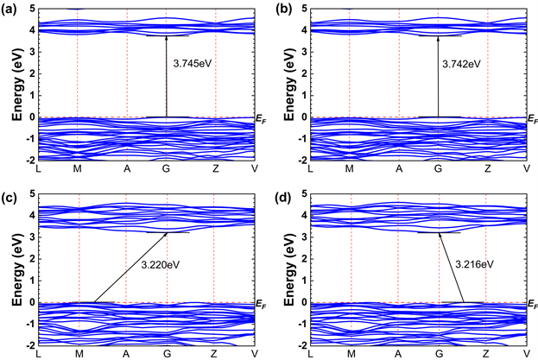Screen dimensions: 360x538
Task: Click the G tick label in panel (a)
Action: pos(167,170)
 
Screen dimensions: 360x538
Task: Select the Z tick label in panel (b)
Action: pos(486,170)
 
